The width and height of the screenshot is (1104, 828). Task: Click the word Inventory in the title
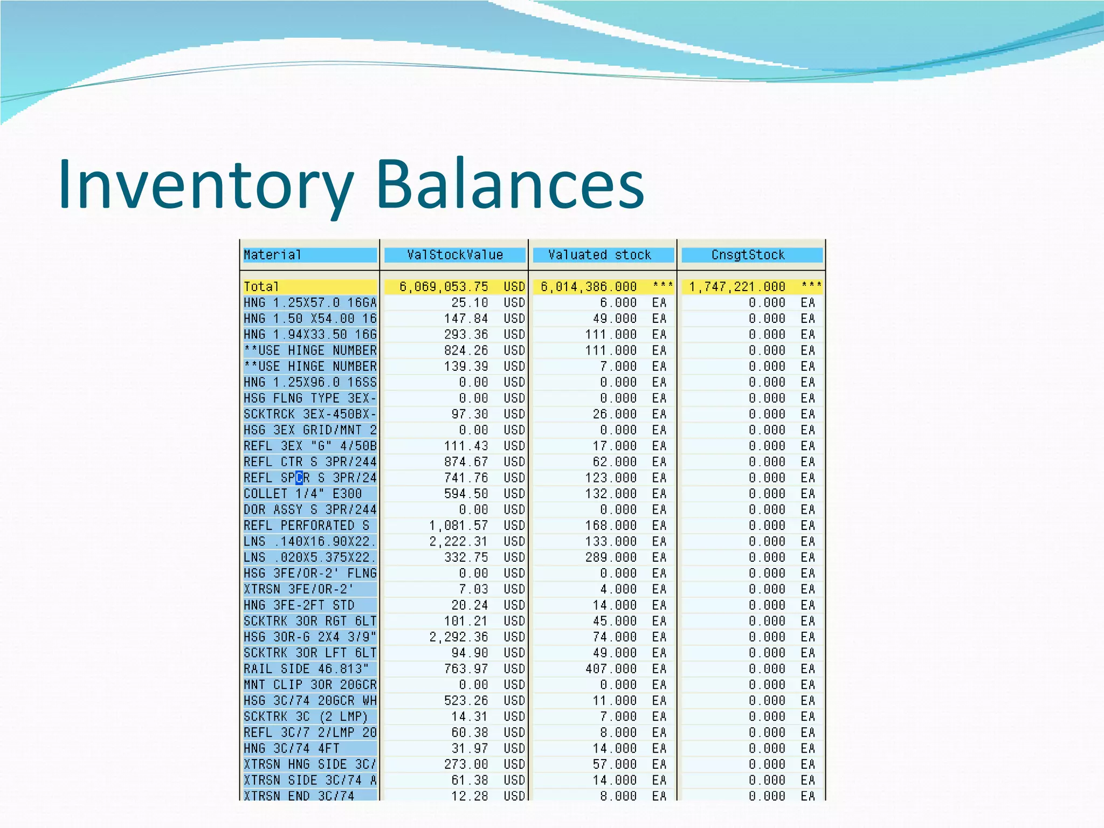[205, 184]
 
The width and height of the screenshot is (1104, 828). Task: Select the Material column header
[272, 255]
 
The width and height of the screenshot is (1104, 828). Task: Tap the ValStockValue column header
[454, 255]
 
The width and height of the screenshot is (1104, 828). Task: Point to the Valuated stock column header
[599, 255]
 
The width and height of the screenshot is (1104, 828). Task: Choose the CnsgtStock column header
[748, 255]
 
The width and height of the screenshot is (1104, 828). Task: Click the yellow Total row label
[261, 287]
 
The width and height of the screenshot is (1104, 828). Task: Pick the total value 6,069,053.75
[444, 287]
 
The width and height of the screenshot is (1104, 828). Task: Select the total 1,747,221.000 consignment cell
[737, 287]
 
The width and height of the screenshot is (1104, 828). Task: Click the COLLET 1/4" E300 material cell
[303, 494]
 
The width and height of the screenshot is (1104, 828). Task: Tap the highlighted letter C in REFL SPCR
[299, 478]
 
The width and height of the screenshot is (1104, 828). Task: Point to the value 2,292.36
[459, 637]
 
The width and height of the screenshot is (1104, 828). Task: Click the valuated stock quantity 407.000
[611, 669]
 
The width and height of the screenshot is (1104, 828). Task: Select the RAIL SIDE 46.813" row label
[306, 669]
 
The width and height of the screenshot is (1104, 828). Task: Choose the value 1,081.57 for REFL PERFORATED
[459, 526]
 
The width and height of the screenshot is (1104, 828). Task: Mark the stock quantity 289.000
[611, 557]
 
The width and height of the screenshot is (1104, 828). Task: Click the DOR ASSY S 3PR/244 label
[310, 510]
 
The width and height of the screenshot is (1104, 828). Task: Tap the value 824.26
[466, 350]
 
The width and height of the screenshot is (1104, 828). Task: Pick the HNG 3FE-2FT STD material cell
[299, 605]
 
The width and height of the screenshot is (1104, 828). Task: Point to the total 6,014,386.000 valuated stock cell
[589, 287]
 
